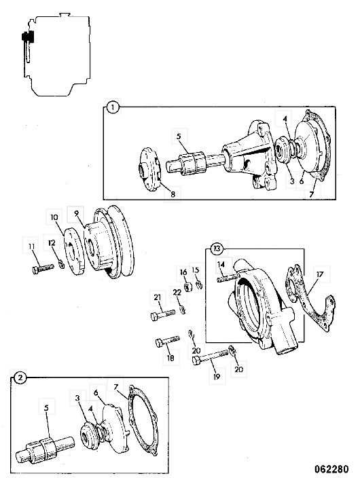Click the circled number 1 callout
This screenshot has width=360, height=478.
coord(113,107)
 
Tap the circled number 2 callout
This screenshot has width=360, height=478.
coord(20,378)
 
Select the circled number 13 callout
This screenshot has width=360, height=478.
coord(217,249)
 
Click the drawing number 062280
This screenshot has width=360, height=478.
coord(331,468)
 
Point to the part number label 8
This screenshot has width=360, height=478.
coord(173,194)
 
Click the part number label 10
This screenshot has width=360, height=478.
coord(54,217)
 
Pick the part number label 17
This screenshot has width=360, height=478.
coord(319,274)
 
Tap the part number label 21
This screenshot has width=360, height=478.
coord(158,297)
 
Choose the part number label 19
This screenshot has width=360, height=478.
coord(217,377)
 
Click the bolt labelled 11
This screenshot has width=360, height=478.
coord(43,269)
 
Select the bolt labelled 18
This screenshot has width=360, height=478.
coord(168,342)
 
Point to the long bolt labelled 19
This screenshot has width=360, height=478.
coord(210,357)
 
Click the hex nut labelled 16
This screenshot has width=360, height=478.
coord(188,287)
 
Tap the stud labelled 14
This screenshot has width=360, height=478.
coord(228,278)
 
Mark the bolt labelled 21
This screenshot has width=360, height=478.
coord(163,315)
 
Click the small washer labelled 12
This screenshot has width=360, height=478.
coord(62,265)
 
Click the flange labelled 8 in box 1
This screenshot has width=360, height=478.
coord(149,169)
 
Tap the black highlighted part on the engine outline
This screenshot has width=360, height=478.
coord(27,38)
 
